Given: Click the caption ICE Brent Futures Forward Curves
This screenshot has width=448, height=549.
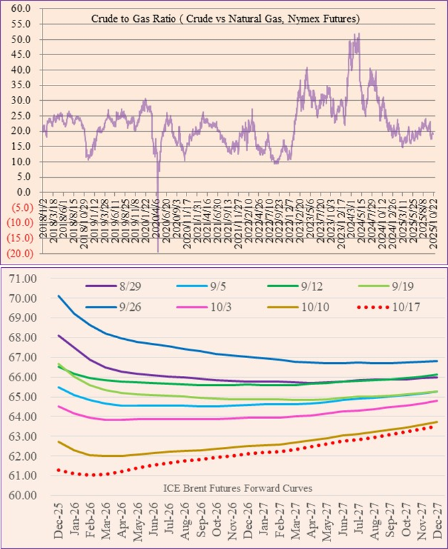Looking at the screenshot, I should coord(237,488).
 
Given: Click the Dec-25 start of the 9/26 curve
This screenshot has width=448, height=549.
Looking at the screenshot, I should coord(59,296).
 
